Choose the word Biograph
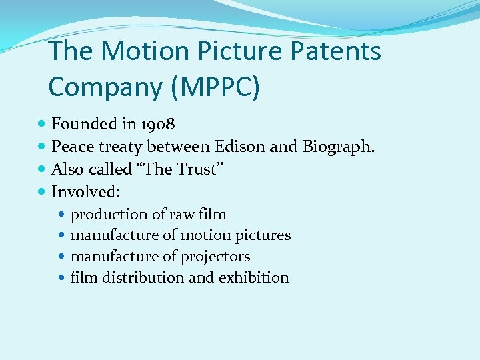pos(339,147)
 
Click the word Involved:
pos(86,192)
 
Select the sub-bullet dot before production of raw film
pos(62,215)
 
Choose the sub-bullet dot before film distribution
pos(62,278)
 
